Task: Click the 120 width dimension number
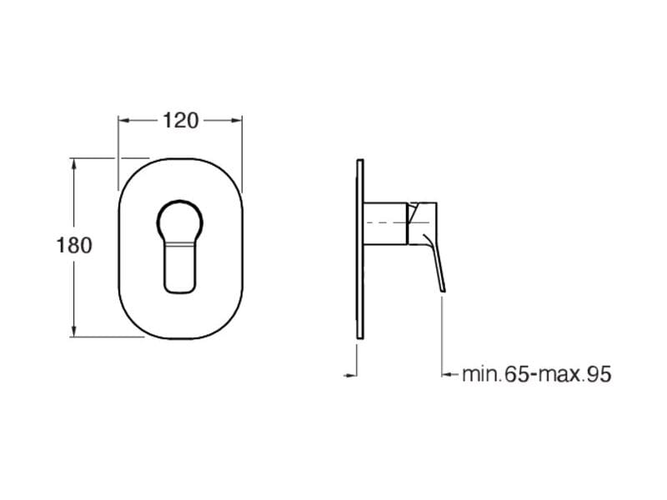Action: [180, 120]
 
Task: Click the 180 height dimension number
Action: [73, 246]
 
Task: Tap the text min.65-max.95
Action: [536, 374]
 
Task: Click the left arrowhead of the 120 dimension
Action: [123, 120]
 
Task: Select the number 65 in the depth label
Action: [517, 374]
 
